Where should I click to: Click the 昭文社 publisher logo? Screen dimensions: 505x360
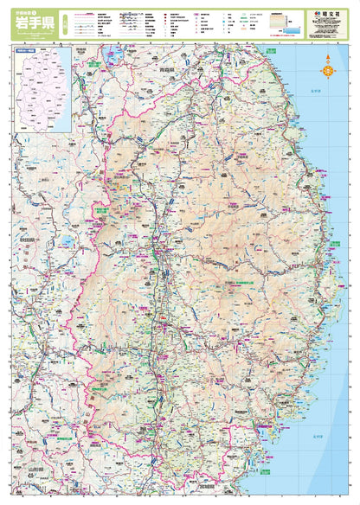330,14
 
